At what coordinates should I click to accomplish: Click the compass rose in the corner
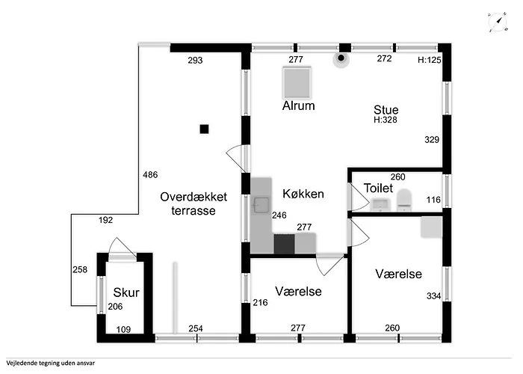click(x=498, y=22)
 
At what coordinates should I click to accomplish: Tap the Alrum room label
click(x=299, y=106)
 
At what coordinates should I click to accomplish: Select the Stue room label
click(x=386, y=110)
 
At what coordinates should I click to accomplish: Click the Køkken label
click(x=303, y=194)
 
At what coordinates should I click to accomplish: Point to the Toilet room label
click(x=378, y=188)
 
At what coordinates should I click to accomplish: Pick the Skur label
click(x=126, y=292)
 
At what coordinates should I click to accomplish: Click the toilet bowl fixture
click(x=405, y=200)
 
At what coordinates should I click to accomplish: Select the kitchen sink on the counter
click(x=261, y=205)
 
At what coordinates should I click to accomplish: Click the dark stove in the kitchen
click(x=284, y=244)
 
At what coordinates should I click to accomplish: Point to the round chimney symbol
click(x=341, y=58)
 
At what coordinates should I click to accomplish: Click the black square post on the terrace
click(x=204, y=129)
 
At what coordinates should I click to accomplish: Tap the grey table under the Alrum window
click(x=297, y=83)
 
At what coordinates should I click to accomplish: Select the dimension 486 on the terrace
click(x=150, y=174)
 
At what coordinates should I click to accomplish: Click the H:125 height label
click(x=430, y=60)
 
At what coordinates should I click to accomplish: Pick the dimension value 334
click(x=433, y=296)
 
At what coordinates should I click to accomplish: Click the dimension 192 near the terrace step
click(x=106, y=220)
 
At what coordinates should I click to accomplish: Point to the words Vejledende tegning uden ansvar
click(x=50, y=363)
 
